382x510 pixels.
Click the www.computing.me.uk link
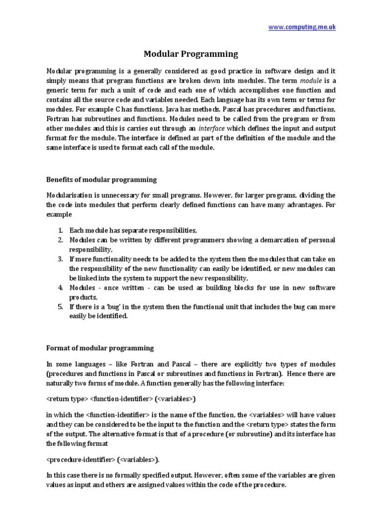click(x=302, y=27)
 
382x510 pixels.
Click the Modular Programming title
click(x=191, y=54)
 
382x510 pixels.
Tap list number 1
click(x=60, y=230)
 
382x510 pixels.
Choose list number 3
click(x=60, y=259)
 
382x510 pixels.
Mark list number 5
click(x=60, y=307)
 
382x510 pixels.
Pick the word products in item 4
click(x=84, y=297)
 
